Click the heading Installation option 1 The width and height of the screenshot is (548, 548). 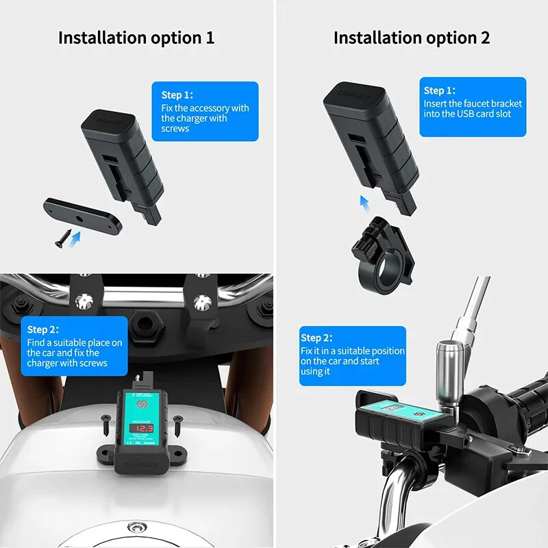(x=136, y=38)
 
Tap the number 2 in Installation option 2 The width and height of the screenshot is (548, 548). (x=485, y=38)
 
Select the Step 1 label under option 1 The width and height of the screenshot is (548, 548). (x=177, y=95)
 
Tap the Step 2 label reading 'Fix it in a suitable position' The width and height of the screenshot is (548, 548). (x=316, y=338)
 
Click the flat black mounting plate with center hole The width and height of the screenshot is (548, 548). (x=83, y=214)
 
